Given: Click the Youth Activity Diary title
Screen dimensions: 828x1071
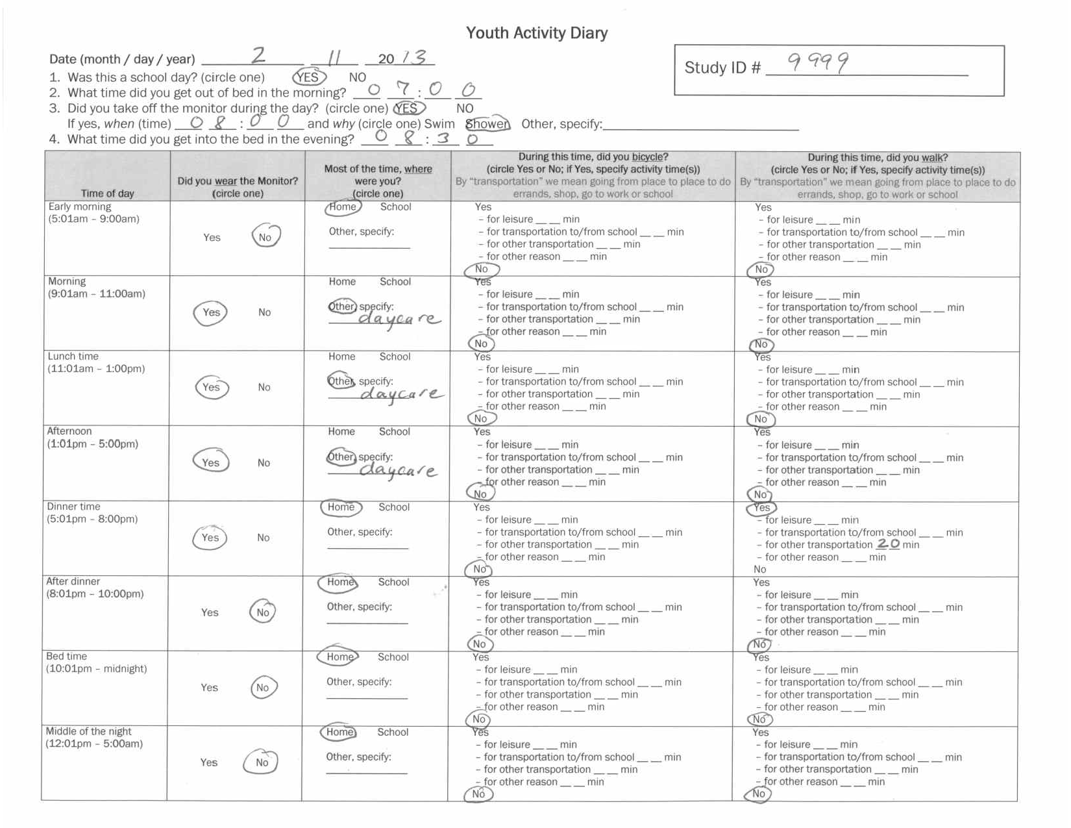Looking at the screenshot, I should point(536,33).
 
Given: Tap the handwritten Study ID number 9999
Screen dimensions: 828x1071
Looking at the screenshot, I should point(818,62).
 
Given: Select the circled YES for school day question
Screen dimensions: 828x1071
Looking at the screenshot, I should point(308,77).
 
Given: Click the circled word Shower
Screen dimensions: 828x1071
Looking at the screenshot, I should point(487,124).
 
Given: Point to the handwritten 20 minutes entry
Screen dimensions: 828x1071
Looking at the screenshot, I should point(888,544).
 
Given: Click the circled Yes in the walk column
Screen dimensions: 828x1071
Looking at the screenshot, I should point(761,508).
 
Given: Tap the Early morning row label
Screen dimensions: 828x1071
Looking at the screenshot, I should point(80,207).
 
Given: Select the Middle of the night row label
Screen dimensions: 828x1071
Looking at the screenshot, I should point(88,731).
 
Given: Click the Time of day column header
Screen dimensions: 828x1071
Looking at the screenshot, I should point(107,194).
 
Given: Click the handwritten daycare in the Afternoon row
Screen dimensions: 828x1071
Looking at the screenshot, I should point(397,470).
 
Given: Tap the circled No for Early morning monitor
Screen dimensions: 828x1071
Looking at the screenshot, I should point(265,237).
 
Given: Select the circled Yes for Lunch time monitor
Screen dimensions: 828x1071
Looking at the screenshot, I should point(211,387).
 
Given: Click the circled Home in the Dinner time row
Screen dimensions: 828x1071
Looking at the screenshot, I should point(341,507).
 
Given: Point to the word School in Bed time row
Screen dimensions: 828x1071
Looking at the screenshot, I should point(393,657).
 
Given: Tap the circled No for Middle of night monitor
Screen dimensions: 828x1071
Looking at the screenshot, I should point(262,762).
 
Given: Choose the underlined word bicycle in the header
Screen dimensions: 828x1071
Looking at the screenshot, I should point(648,157).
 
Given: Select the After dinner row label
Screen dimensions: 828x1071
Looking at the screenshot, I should point(73,581).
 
